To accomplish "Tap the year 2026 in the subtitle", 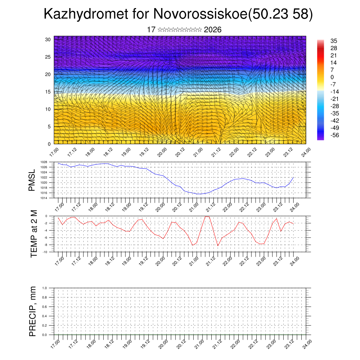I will (213, 30).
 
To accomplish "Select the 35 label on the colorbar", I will (334, 41).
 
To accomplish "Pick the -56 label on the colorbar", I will (335, 135).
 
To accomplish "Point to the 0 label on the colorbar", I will (332, 77).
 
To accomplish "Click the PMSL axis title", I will (32, 180).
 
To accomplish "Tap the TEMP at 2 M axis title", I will (34, 233).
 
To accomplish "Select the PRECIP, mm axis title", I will (33, 311).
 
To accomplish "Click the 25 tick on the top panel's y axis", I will (48, 57).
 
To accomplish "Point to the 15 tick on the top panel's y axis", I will (48, 92).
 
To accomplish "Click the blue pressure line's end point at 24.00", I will (294, 178).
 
